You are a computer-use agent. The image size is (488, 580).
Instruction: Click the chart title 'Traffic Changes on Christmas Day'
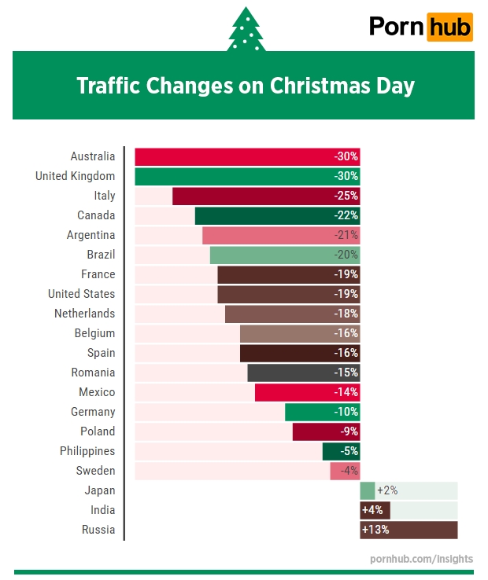[245, 86]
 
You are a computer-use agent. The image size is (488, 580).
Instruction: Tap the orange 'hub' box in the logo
[450, 27]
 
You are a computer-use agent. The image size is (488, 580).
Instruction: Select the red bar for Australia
[236, 156]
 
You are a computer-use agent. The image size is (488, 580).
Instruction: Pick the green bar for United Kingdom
[236, 176]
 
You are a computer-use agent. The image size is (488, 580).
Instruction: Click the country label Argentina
[91, 235]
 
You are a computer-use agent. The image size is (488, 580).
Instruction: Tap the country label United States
[81, 294]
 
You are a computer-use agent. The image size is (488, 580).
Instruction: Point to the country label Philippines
[87, 451]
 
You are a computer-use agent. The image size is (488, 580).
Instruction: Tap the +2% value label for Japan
[387, 490]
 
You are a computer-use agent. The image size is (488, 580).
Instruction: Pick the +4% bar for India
[375, 510]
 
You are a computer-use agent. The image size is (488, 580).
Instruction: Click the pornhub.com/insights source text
[421, 559]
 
